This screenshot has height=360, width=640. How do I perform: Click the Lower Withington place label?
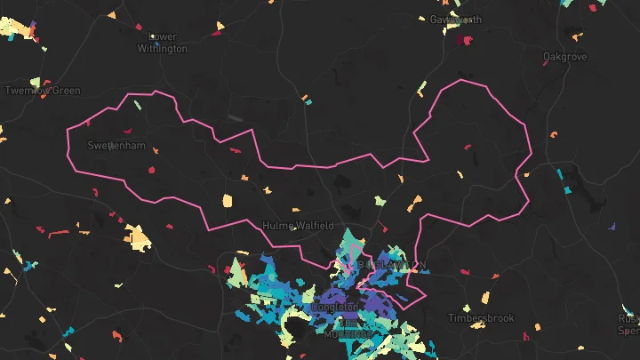click(x=162, y=43)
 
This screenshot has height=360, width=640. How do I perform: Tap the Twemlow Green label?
click(x=43, y=91)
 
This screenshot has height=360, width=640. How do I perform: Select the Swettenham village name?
click(x=116, y=145)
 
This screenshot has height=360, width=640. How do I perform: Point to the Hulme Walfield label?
click(x=298, y=226)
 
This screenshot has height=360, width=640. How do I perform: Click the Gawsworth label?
click(x=456, y=20)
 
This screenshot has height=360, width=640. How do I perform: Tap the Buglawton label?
click(x=392, y=265)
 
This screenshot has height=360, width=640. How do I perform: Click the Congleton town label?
click(x=334, y=308)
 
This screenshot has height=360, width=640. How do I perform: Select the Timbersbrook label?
click(x=481, y=318)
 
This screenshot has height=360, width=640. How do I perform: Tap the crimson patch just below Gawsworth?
click(x=462, y=40)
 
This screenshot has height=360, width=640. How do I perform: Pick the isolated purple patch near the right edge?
click(x=612, y=227)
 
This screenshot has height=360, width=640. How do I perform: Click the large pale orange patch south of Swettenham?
click(x=137, y=237)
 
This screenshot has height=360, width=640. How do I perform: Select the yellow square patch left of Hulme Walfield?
click(x=227, y=200)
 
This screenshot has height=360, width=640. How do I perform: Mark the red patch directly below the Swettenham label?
click(x=151, y=168)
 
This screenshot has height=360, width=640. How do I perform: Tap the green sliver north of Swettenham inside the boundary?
click(x=137, y=105)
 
